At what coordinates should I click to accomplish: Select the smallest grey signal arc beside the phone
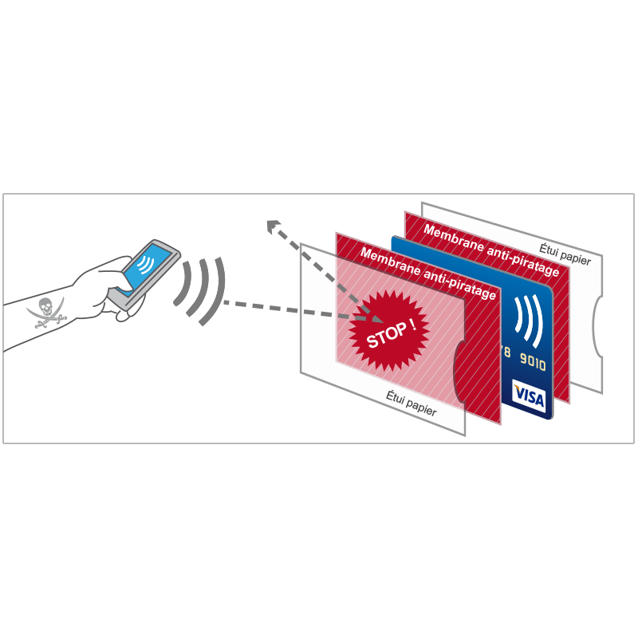(x=182, y=283)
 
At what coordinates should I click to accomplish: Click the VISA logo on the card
(x=529, y=394)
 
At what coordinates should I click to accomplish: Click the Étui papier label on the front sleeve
(x=411, y=403)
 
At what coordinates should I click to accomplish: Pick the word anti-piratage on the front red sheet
(x=459, y=284)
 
